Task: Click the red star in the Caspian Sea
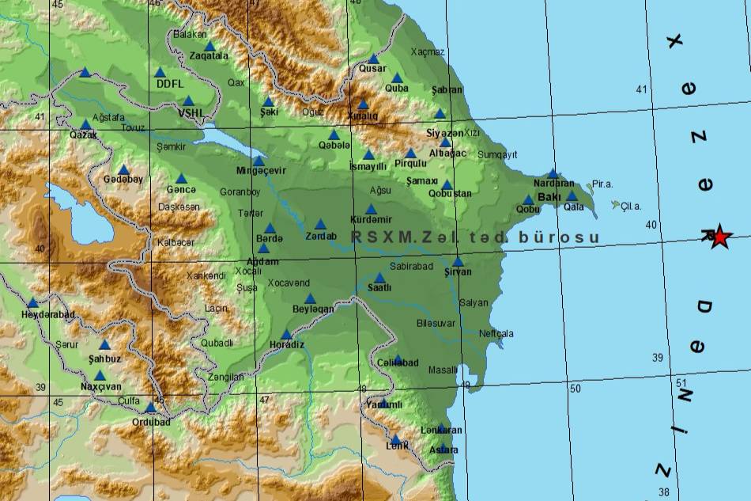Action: (x=719, y=235)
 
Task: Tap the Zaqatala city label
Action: (x=209, y=56)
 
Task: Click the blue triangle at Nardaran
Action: (x=553, y=174)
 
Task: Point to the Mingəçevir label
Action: (x=261, y=171)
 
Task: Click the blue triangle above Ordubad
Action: (x=150, y=408)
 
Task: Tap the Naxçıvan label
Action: (x=101, y=387)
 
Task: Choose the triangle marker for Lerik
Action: (x=396, y=439)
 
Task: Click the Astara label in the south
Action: (x=443, y=450)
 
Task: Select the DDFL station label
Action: (x=169, y=83)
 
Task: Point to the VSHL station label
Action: (x=191, y=113)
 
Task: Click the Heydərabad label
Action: (x=47, y=314)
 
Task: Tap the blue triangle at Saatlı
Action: (x=379, y=278)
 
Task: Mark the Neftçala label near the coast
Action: (x=496, y=333)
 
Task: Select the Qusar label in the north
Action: (x=372, y=68)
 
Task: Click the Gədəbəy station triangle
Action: (x=123, y=169)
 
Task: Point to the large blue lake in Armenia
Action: (x=79, y=211)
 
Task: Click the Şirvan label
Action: (x=458, y=272)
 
